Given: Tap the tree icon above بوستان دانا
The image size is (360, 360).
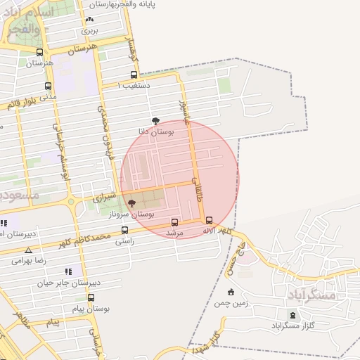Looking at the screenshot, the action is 155,121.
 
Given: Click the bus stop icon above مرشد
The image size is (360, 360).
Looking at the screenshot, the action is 174,222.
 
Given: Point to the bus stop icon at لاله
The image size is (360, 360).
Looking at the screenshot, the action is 209,219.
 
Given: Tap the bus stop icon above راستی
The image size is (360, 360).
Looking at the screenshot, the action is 124,230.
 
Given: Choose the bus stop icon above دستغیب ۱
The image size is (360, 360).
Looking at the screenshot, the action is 134,75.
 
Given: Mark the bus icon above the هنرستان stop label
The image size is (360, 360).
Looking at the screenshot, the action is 39,52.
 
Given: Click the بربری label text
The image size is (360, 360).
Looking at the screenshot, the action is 89,30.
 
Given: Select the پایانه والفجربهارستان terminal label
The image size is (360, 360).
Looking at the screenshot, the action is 131,4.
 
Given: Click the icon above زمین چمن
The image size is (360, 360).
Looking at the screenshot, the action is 230,292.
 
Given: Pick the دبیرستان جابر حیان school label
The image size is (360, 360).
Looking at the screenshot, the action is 70,282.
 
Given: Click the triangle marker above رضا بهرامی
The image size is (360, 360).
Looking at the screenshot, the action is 28,250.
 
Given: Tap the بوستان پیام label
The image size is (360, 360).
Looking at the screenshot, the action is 91,309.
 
